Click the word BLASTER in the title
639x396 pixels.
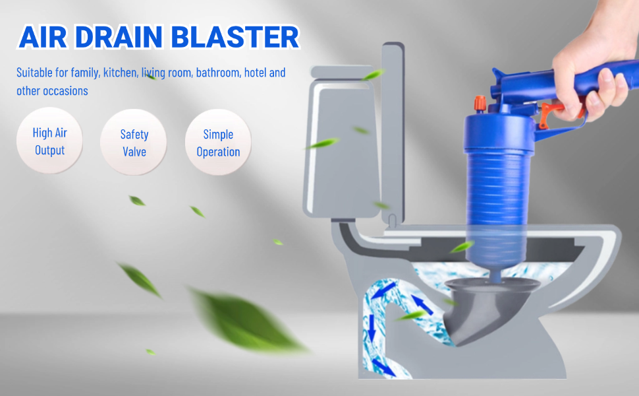tap(235, 37)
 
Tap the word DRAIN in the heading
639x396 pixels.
tap(119, 37)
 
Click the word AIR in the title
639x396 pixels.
tap(43, 37)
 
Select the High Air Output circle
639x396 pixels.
tap(49, 141)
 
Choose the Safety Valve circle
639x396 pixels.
tap(134, 143)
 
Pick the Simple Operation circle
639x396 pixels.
tap(218, 143)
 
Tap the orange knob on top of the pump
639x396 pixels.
tap(480, 104)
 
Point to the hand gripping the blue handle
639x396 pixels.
tap(596, 65)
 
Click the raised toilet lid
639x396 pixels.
tap(393, 135)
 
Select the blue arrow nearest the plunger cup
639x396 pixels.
tap(422, 304)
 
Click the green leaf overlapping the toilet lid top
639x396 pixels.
tap(374, 75)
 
